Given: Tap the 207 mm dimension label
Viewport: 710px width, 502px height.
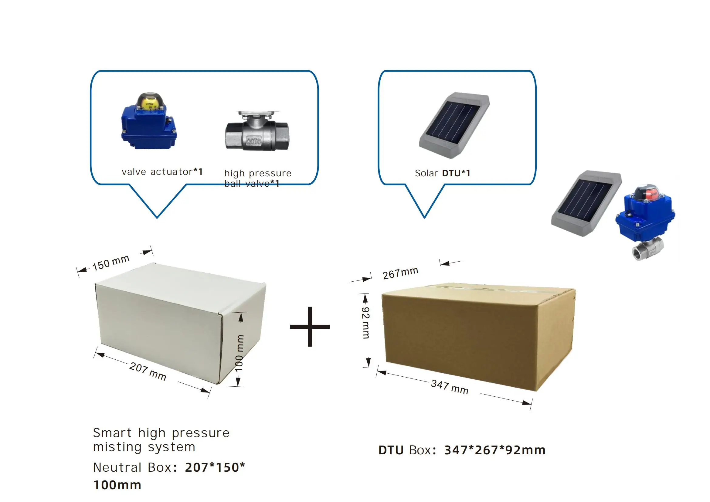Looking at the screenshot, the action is coord(148,371).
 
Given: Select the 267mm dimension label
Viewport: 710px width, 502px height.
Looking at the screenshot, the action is coord(400,273).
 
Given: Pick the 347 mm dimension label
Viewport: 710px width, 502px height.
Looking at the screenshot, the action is coord(450,387).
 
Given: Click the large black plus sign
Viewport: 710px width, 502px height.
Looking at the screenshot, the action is coord(310,327).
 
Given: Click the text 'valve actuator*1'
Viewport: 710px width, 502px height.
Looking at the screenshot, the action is coord(162,171).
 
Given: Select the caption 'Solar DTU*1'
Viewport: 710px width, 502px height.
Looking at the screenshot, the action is coord(442,173).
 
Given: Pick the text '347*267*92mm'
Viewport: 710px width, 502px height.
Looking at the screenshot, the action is coord(495,450).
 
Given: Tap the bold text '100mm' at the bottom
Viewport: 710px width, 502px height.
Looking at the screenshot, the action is coord(117,485).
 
